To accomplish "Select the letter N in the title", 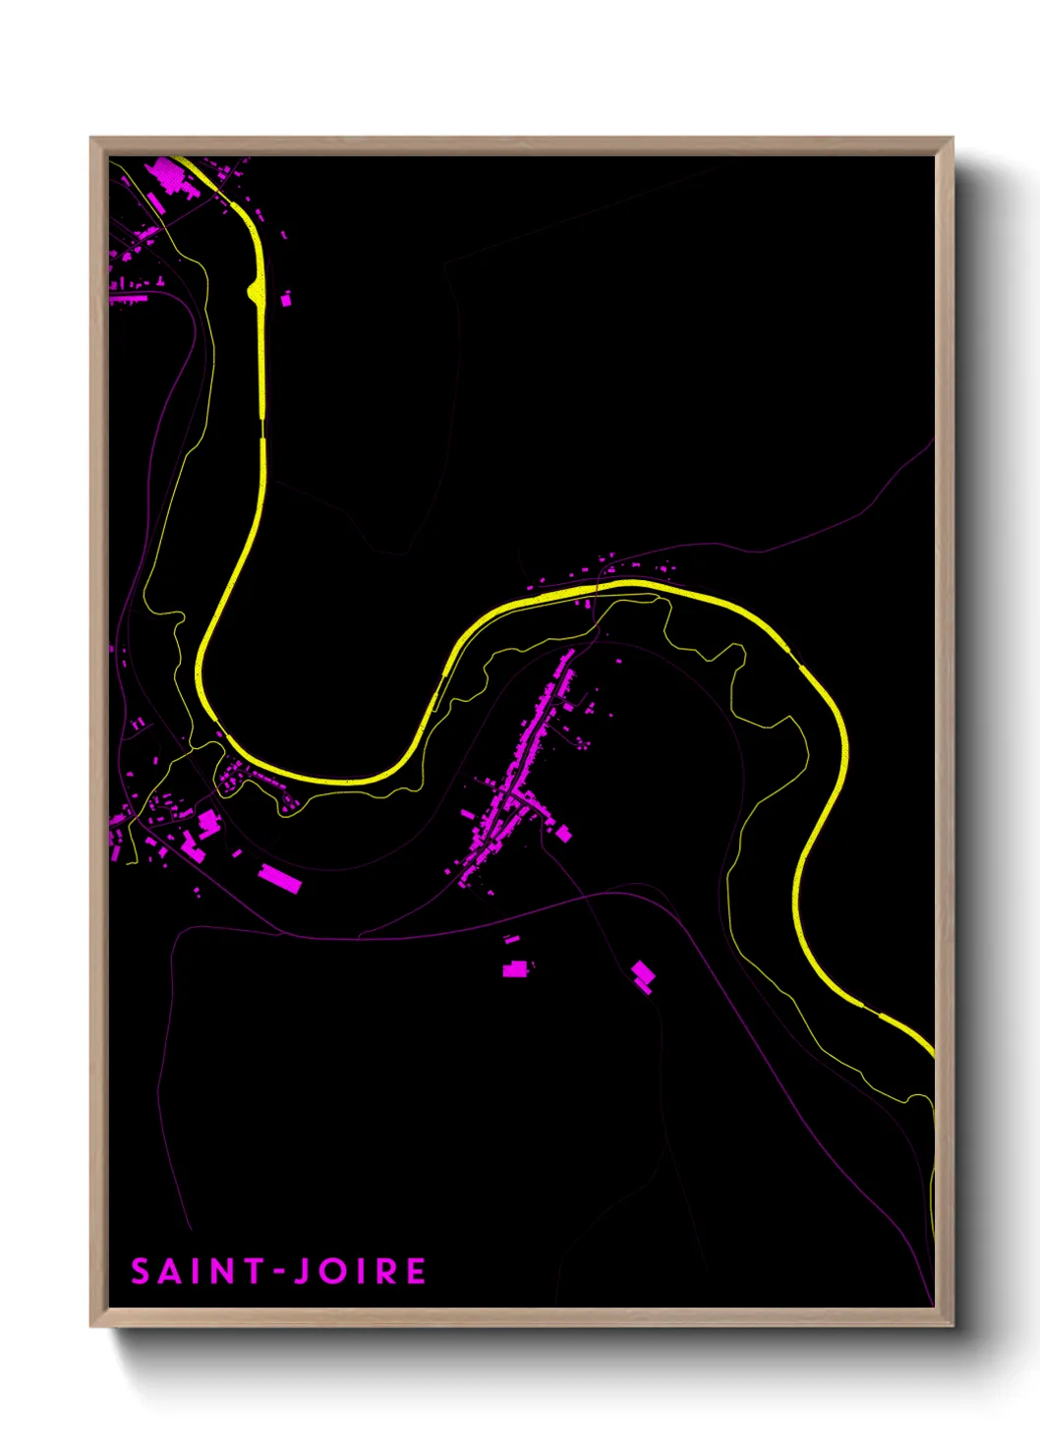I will [225, 1271].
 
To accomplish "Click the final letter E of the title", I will [416, 1271].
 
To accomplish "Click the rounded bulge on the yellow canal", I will [254, 291].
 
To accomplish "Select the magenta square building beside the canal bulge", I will [287, 299].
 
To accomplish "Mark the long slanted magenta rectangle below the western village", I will [280, 878].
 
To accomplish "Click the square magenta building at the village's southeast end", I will [564, 834].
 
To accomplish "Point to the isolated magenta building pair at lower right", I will [643, 976].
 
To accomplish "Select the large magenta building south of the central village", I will [515, 969].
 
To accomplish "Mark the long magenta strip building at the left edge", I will [129, 298].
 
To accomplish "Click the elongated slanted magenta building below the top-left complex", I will [155, 203].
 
